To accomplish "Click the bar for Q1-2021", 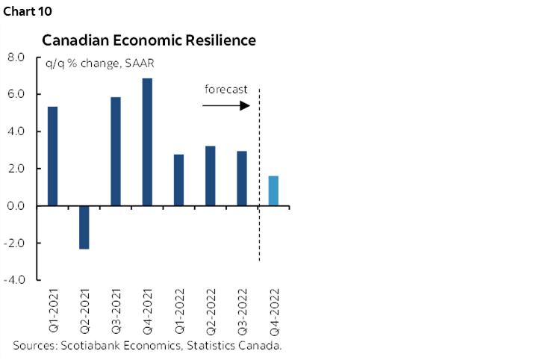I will [52, 156].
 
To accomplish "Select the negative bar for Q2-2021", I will [84, 227].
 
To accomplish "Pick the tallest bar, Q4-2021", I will [147, 142].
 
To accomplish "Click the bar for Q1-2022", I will [178, 180].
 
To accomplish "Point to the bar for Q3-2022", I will [242, 179].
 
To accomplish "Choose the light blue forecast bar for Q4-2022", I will [273, 190].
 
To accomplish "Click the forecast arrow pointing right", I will [225, 106].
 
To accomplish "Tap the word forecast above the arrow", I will [225, 90].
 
